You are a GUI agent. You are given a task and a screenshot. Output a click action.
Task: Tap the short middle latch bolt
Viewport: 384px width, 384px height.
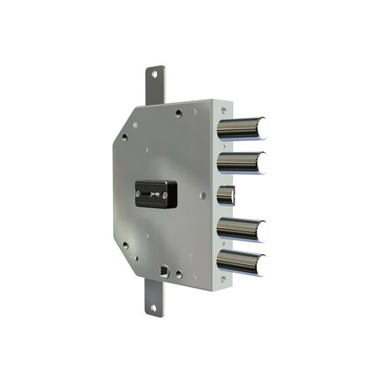225,196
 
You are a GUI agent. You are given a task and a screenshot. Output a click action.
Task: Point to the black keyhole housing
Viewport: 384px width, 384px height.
155,194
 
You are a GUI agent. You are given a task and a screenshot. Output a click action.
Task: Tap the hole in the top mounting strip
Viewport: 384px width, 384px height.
154,74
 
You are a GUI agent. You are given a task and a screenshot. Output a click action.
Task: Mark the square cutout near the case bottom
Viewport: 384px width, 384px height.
165,272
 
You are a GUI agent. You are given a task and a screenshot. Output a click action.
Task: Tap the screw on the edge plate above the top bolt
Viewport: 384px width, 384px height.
222,108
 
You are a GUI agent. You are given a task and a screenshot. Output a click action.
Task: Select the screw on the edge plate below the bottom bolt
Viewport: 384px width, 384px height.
223,280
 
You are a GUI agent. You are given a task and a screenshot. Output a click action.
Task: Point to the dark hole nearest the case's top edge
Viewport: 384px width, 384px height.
178,112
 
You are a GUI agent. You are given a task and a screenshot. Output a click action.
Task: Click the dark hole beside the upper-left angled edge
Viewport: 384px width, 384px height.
124,136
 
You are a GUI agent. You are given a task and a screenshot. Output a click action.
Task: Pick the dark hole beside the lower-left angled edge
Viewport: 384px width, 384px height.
125,246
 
